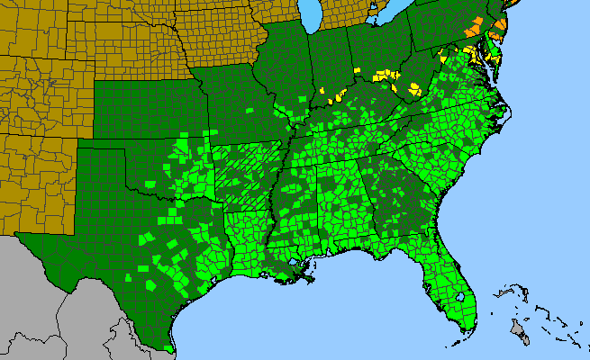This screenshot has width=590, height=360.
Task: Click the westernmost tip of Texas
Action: point(17,236)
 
